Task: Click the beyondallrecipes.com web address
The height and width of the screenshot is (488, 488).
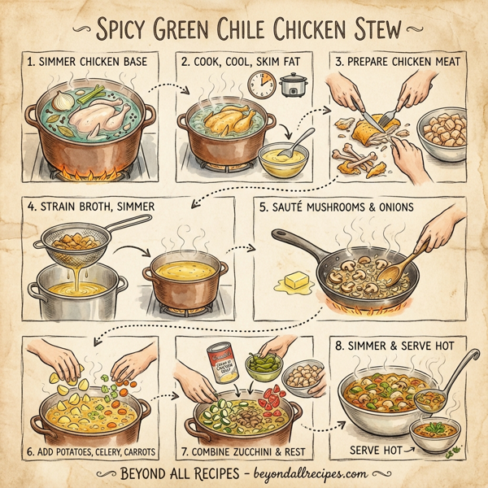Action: tap(309, 473)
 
